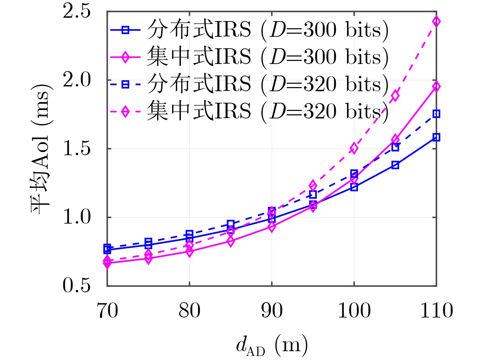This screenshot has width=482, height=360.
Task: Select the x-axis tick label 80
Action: (x=189, y=311)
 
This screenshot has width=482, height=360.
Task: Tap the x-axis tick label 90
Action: (x=272, y=311)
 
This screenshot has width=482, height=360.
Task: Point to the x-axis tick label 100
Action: (x=354, y=311)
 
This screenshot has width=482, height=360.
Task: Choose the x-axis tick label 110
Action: (x=436, y=311)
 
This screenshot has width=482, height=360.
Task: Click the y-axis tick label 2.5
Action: (x=77, y=12)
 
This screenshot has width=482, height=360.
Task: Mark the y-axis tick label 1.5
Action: (x=77, y=149)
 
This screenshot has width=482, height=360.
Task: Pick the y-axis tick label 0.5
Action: (x=77, y=286)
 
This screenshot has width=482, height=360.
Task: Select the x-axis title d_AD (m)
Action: (x=272, y=345)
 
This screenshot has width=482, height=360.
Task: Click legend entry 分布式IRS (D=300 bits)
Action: (x=250, y=30)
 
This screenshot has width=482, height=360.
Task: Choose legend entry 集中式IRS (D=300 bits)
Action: (x=250, y=57)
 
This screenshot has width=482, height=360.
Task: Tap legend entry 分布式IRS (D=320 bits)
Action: (x=250, y=84)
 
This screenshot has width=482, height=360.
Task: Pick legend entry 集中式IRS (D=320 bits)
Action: (x=250, y=111)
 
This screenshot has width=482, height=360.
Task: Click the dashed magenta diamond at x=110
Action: (x=436, y=21)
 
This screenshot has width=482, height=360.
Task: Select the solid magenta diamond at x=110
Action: (x=436, y=86)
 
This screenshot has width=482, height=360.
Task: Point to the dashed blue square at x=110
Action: (x=436, y=114)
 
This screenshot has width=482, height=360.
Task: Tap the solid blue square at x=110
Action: (x=436, y=137)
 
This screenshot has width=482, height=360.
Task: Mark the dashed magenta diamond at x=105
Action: (x=395, y=96)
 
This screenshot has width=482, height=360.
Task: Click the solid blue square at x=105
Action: (x=395, y=165)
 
